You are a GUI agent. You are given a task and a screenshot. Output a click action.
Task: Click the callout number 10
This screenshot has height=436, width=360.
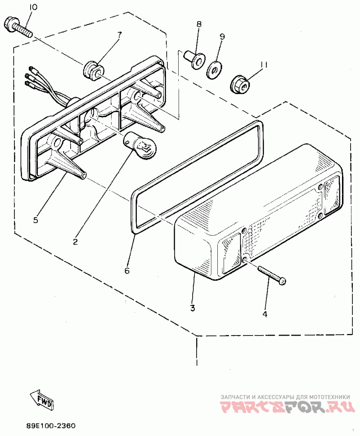pyautogui.click(x=34, y=8)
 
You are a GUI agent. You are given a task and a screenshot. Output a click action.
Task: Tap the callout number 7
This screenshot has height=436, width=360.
pyautogui.click(x=120, y=35)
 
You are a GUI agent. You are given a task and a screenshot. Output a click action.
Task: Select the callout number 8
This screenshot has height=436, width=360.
pyautogui.click(x=199, y=24)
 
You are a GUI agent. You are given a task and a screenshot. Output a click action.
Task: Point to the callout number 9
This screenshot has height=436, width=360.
pyautogui.click(x=221, y=36)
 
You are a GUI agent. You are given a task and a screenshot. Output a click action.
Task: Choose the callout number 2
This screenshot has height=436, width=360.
pyautogui.click(x=76, y=241)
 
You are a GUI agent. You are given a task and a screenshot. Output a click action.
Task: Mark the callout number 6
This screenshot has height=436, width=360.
pyautogui.click(x=127, y=271)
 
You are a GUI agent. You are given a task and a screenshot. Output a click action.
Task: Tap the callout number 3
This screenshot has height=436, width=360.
pyautogui.click(x=192, y=308)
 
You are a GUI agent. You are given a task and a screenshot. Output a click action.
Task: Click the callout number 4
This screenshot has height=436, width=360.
pyautogui.click(x=265, y=314)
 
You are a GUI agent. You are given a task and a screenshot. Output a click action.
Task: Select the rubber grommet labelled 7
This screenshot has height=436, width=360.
pyautogui.click(x=93, y=69)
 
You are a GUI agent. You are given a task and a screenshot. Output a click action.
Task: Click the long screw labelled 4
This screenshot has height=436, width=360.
pyautogui.click(x=272, y=275)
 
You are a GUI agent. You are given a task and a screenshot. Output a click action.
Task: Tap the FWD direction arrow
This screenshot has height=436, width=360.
pyautogui.click(x=42, y=400)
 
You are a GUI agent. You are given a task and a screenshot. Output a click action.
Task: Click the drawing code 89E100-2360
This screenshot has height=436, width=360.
pyautogui.click(x=50, y=426)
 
